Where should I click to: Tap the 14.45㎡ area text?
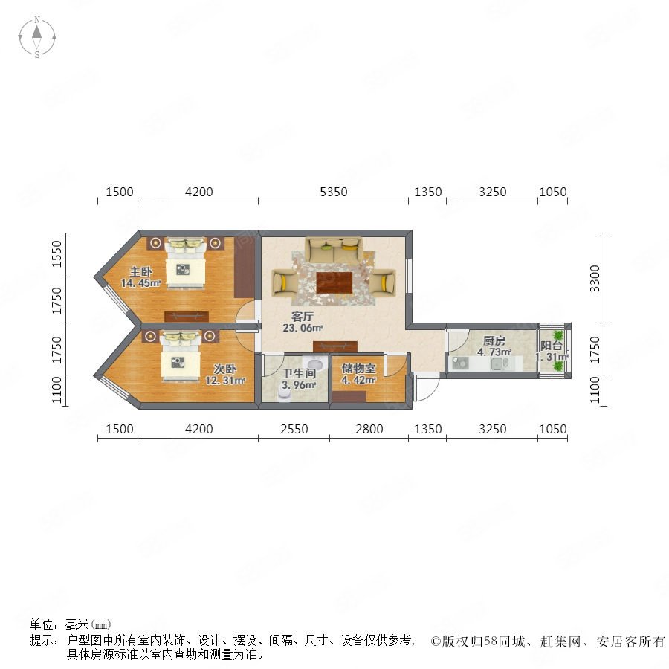click(x=141, y=283)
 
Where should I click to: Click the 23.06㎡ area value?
click(x=303, y=328)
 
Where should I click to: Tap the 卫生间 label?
click(x=299, y=373)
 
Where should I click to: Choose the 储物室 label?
click(x=359, y=368)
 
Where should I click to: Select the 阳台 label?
click(x=551, y=346)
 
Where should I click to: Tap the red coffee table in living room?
click(x=334, y=282)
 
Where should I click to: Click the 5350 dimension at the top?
click(x=333, y=192)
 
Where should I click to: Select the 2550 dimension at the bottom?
click(x=294, y=429)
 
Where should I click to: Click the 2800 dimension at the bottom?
click(x=369, y=429)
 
